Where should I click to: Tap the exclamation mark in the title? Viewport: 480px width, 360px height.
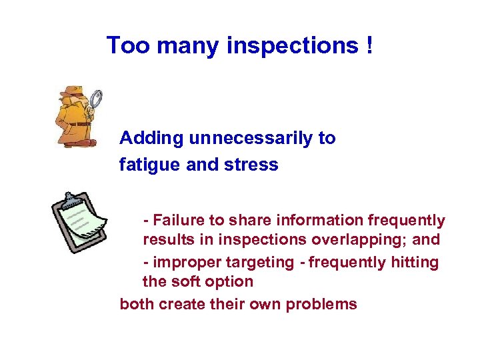(369, 45)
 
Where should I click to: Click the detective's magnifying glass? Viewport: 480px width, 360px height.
(95, 99)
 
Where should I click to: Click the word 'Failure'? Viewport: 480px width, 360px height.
(179, 221)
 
